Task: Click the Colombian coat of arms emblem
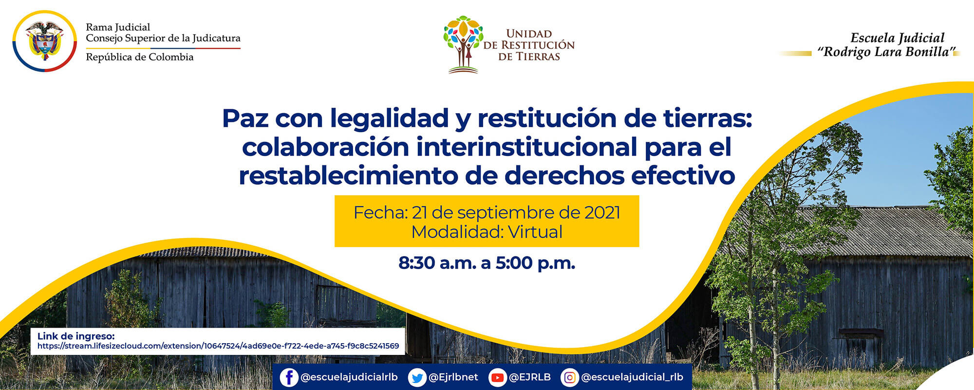pyautogui.click(x=44, y=41)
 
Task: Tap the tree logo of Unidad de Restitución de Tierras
pyautogui.click(x=463, y=44)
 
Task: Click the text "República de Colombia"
pyautogui.click(x=139, y=57)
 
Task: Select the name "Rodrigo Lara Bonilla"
pyautogui.click(x=886, y=52)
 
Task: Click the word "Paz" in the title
pyautogui.click(x=245, y=118)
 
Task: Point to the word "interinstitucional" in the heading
pyautogui.click(x=526, y=147)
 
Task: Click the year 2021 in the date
pyautogui.click(x=602, y=213)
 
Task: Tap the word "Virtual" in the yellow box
pyautogui.click(x=535, y=232)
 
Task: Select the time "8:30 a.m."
pyautogui.click(x=436, y=263)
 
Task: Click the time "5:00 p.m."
pyautogui.click(x=535, y=263)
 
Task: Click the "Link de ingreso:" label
pyautogui.click(x=76, y=336)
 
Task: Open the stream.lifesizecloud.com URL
pyautogui.click(x=218, y=346)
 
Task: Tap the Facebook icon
pyautogui.click(x=289, y=377)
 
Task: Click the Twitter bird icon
pyautogui.click(x=417, y=377)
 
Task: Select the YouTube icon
pyautogui.click(x=497, y=377)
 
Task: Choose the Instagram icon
pyautogui.click(x=569, y=377)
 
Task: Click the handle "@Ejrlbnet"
pyautogui.click(x=453, y=377)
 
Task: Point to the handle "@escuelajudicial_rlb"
pyautogui.click(x=632, y=377)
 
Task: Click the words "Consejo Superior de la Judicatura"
pyautogui.click(x=163, y=38)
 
